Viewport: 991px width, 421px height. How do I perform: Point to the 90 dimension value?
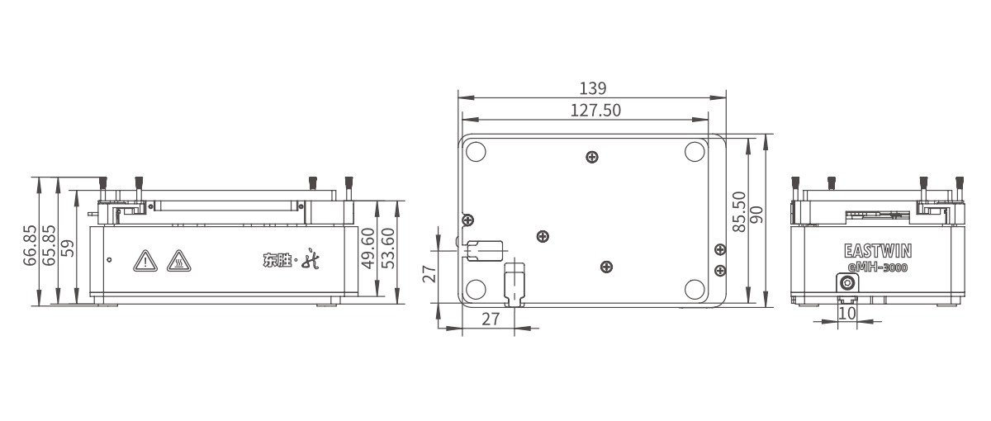(x=756, y=216)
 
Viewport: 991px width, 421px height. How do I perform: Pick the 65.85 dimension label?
(x=50, y=245)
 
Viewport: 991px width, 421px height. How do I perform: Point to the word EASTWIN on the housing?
(x=877, y=250)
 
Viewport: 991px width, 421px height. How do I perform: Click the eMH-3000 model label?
(x=877, y=267)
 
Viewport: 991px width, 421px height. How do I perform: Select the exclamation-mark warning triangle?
(x=145, y=262)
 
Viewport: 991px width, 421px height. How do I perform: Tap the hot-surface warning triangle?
(x=177, y=262)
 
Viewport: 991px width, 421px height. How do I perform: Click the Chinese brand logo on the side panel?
(x=284, y=262)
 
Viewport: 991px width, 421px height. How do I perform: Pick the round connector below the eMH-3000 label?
(x=847, y=283)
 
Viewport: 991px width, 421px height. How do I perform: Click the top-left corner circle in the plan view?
(x=476, y=152)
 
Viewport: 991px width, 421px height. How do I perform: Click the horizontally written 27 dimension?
(x=491, y=319)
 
